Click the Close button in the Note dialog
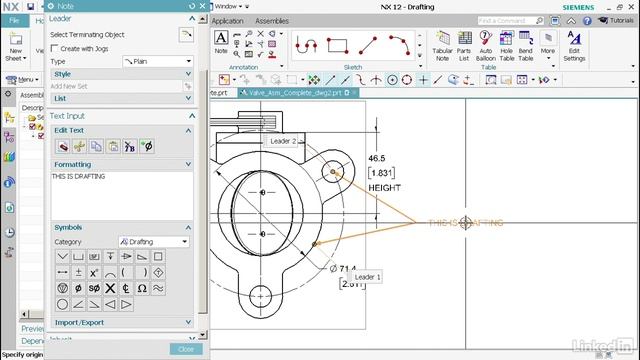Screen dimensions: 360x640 (185, 349)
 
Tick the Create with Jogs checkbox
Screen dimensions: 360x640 (56, 48)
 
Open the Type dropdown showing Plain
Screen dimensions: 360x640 (157, 61)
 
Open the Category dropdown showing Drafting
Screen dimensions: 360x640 (153, 241)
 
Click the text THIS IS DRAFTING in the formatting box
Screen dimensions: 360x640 (78, 176)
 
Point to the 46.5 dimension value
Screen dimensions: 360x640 (377, 158)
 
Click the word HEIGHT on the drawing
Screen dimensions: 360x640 (384, 188)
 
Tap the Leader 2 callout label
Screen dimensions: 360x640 (283, 141)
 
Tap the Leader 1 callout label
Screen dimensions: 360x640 (367, 277)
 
